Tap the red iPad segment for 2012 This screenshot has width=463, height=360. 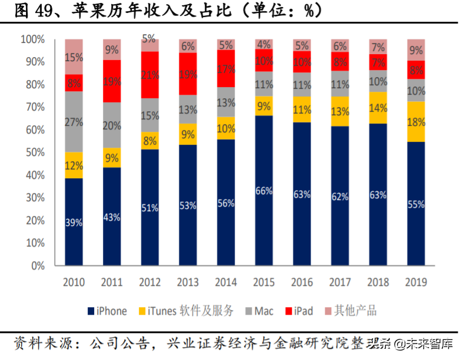tap(149, 75)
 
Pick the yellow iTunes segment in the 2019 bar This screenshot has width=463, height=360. tap(416, 121)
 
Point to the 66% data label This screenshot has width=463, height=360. tap(264, 191)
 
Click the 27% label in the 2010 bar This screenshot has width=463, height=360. tap(74, 122)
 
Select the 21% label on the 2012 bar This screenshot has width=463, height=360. tap(149, 75)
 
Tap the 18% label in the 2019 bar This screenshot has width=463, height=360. tap(416, 122)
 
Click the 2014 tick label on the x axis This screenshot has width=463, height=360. tap(226, 282)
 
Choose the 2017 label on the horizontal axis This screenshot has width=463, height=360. tap(340, 282)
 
